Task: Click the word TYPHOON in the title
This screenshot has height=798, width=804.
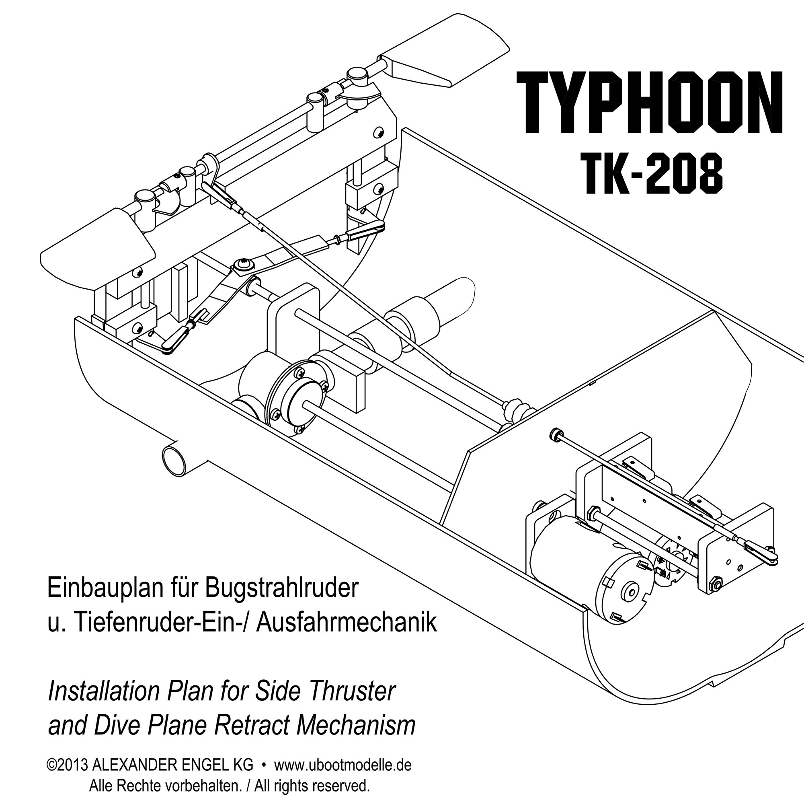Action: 649,103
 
